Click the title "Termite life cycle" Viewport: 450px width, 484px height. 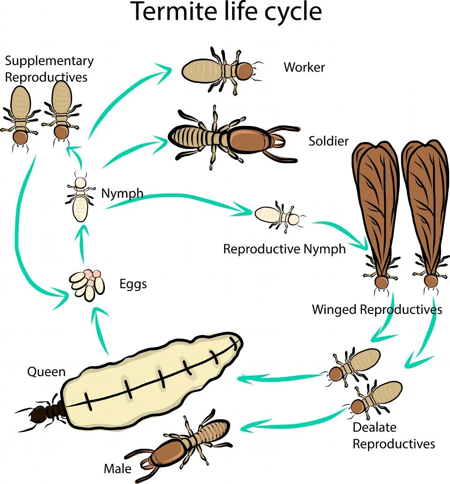click(x=226, y=11)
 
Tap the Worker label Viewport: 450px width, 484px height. click(x=304, y=67)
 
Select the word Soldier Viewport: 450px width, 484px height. click(x=329, y=141)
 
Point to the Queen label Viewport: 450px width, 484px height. click(x=46, y=372)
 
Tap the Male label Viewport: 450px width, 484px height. click(x=117, y=469)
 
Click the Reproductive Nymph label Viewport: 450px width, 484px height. click(x=285, y=249)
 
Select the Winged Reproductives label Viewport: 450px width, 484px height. click(x=377, y=310)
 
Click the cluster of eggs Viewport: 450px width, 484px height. click(x=87, y=285)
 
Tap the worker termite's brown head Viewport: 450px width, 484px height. click(x=245, y=71)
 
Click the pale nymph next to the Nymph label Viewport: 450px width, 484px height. click(x=80, y=198)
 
